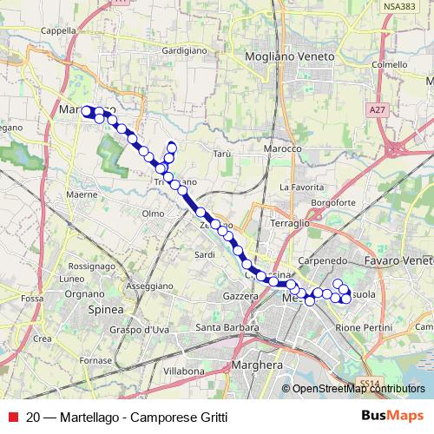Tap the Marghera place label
259,365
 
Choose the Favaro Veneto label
399,260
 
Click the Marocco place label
284,148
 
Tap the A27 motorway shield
376,110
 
